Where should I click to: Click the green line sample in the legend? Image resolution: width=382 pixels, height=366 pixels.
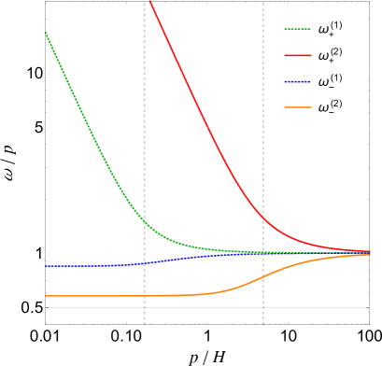click(x=298, y=29)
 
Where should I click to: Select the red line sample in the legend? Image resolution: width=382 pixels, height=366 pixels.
click(x=298, y=55)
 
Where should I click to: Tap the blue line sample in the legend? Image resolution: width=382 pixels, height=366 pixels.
click(x=298, y=81)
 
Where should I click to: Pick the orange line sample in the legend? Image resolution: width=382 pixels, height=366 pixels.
click(x=298, y=107)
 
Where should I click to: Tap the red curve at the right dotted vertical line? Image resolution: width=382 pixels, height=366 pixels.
click(x=262, y=218)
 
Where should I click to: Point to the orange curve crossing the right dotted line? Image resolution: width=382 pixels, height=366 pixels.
click(x=262, y=276)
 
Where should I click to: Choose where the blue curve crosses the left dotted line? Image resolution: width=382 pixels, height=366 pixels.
click(x=144, y=263)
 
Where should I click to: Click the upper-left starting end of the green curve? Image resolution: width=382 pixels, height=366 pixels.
click(x=46, y=33)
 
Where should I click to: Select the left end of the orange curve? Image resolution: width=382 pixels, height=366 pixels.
click(x=46, y=296)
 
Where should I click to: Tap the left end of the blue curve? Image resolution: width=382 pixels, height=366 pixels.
click(x=46, y=266)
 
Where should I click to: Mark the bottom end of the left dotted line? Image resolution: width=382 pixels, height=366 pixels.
click(x=144, y=323)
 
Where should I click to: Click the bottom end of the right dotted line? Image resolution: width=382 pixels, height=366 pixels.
click(x=262, y=323)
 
